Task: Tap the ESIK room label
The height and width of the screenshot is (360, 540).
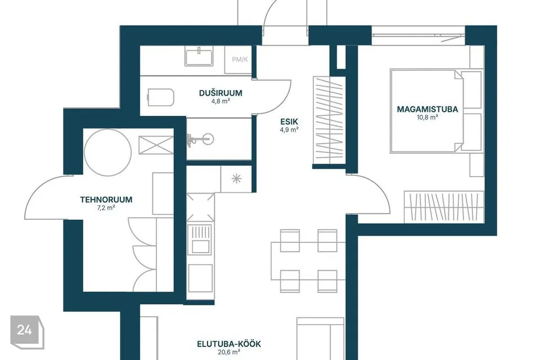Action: [x=289, y=121]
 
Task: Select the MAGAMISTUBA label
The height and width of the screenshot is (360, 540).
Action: [x=427, y=109]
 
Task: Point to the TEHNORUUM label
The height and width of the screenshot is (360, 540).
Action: [x=106, y=200]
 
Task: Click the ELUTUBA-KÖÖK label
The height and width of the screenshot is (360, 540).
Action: [x=229, y=344]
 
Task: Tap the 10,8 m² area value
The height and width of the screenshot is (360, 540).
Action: [x=427, y=117]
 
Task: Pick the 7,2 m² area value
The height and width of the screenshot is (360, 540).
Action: [x=106, y=208]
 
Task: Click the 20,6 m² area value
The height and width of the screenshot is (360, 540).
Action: [x=229, y=352]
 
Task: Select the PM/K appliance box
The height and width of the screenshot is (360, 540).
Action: [x=240, y=59]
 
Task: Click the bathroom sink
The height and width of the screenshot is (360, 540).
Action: [x=199, y=57]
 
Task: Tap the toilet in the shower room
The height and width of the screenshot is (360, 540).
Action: [x=161, y=97]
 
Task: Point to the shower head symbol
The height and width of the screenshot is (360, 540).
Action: [x=200, y=139]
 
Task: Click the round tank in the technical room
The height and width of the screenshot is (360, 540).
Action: [x=108, y=152]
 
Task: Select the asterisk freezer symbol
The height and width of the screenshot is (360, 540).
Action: [x=236, y=179]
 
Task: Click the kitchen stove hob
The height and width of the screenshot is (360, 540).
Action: [x=200, y=240]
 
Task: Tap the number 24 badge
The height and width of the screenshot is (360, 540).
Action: [x=27, y=332]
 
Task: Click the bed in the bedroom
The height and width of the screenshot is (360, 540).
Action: [x=436, y=111]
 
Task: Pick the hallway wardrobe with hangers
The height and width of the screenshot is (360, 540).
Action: [x=329, y=120]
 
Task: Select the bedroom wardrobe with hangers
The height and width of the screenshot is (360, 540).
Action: [x=444, y=206]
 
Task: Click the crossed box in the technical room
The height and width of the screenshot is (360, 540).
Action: [x=156, y=145]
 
